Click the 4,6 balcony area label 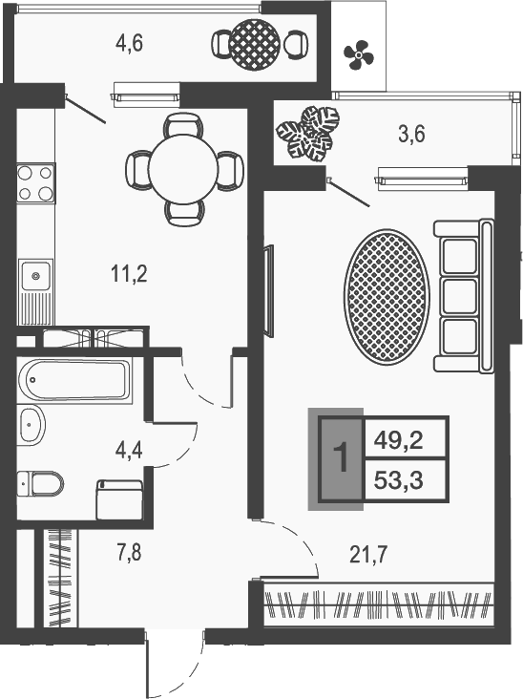coord(129,44)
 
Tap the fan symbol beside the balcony coord(358,54)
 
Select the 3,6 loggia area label coord(411,134)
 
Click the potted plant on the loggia coord(308,133)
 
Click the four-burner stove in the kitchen coord(35,182)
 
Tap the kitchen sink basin coord(35,276)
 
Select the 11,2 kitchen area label coord(129,273)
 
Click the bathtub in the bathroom coord(73,380)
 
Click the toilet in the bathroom coord(40,483)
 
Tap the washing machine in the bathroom coord(119,499)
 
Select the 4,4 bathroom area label coord(129,451)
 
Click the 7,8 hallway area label coord(128,554)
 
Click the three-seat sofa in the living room coord(464,296)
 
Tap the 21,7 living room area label coord(368,555)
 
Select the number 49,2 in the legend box coord(398,441)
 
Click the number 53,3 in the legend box coord(398,481)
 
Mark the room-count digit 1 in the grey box coord(341,458)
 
